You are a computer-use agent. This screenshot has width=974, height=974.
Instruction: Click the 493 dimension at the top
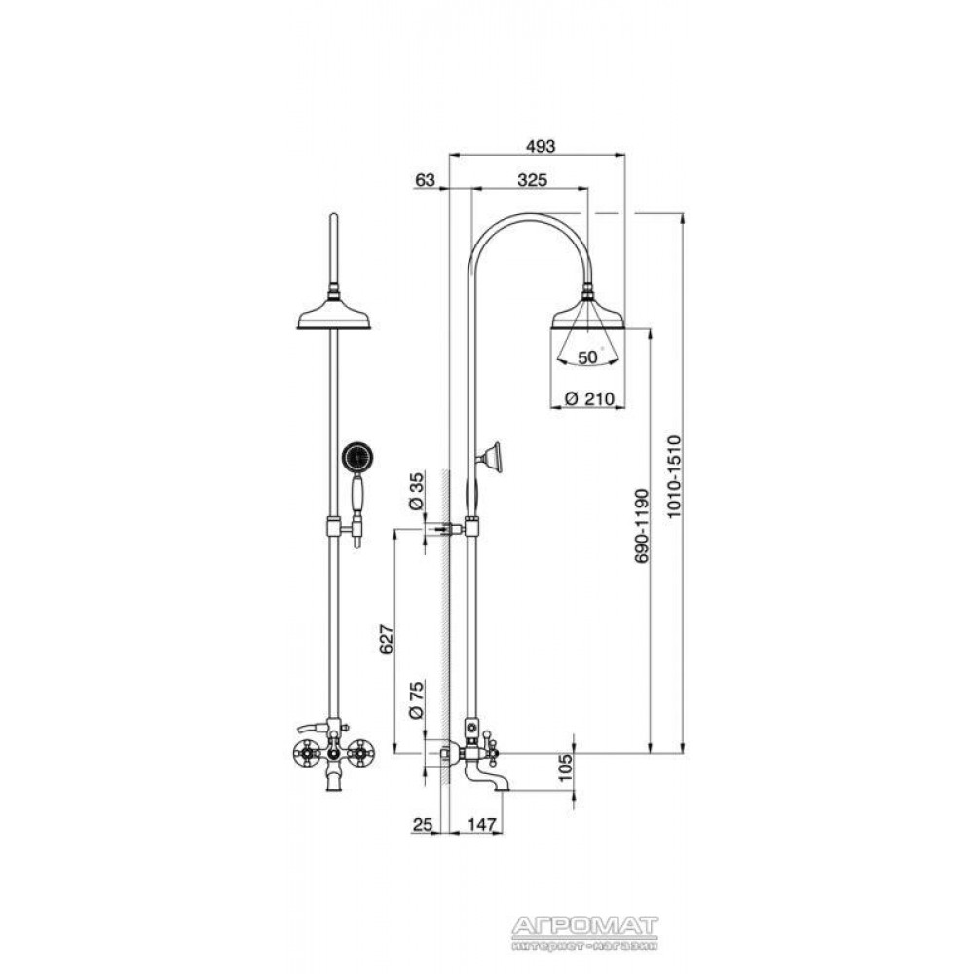point(540,147)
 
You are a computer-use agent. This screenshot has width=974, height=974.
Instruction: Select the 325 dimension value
point(533,180)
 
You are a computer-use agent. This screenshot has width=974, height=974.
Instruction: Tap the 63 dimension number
point(425,180)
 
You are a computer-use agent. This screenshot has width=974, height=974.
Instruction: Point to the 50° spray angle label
point(588,357)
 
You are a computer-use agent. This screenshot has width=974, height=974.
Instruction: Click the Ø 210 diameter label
point(590,398)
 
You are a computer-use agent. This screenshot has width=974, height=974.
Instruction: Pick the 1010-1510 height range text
point(674,477)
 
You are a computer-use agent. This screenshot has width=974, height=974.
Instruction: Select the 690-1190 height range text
point(642,526)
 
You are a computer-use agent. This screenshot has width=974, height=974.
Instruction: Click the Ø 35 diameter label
point(416,491)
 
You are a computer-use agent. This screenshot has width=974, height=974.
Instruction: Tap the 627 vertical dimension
point(387,639)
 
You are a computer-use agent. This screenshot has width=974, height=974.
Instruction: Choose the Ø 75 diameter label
point(416,700)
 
